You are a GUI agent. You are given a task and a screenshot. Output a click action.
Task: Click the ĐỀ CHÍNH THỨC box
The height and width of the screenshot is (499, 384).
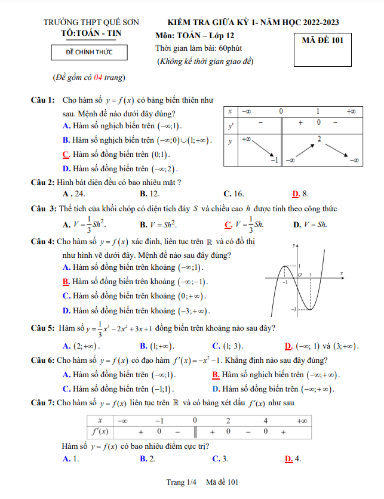pyautogui.click(x=89, y=53)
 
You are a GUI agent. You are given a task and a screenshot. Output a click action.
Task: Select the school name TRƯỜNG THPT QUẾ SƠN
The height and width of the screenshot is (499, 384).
pyautogui.click(x=91, y=23)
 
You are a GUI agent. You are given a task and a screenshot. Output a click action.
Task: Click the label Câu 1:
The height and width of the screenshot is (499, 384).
pyautogui.click(x=43, y=100)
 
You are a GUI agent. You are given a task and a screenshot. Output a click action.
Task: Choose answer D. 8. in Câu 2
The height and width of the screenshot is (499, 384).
pyautogui.click(x=300, y=193)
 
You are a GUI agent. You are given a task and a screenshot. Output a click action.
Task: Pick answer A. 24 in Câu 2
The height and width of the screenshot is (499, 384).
pyautogui.click(x=73, y=193)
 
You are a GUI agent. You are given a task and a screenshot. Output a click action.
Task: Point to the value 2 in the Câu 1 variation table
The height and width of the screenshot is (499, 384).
pyautogui.click(x=319, y=139)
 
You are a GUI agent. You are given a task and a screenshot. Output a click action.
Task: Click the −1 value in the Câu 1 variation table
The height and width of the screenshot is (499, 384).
pyautogui.click(x=274, y=160)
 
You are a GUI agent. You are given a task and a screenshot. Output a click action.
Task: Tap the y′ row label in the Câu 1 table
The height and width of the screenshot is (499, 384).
pyautogui.click(x=230, y=126)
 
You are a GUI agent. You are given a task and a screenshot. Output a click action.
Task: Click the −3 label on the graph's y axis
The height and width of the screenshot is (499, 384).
pyautogui.click(x=294, y=309)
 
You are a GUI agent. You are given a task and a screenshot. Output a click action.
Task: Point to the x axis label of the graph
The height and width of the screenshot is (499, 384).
pyautogui.click(x=341, y=273)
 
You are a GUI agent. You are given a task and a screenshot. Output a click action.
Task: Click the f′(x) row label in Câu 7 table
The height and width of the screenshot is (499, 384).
pyautogui.click(x=100, y=431)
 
